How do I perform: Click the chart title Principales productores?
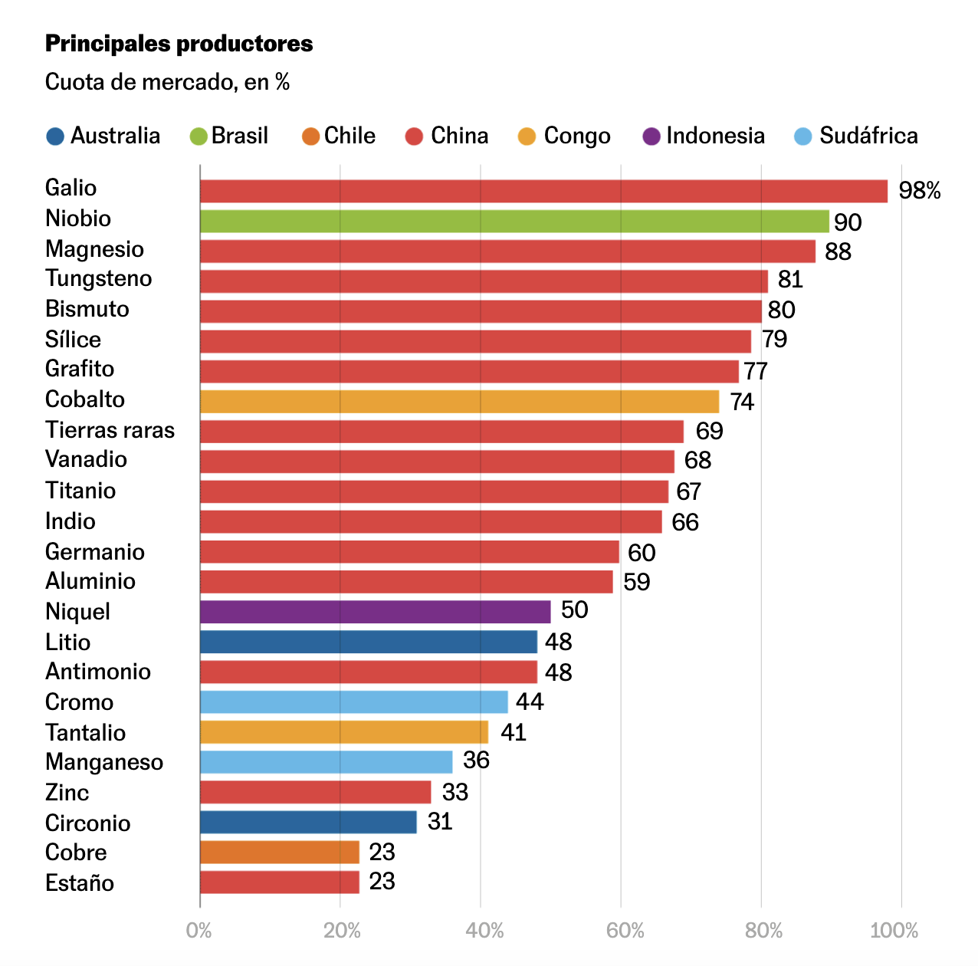coord(179,44)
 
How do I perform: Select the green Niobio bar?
coord(514,222)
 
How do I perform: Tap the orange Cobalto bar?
coord(459,402)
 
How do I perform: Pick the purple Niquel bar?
coord(375,612)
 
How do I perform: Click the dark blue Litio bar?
coord(368,642)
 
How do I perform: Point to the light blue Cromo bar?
coord(353,701)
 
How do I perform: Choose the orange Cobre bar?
coord(279,852)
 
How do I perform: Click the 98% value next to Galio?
coord(919,190)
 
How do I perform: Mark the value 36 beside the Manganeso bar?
coord(476,760)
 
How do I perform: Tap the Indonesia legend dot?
coord(651,136)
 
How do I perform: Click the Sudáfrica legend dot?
coord(803,136)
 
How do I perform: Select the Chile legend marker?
coord(310,136)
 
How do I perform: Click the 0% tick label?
coord(199,931)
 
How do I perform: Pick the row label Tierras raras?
coord(110,430)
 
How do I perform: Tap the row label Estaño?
coord(80,882)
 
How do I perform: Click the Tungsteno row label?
coord(98,278)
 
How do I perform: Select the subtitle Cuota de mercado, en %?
coord(167,82)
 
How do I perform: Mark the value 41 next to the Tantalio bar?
coord(513,732)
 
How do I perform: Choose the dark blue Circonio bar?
coord(308,822)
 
